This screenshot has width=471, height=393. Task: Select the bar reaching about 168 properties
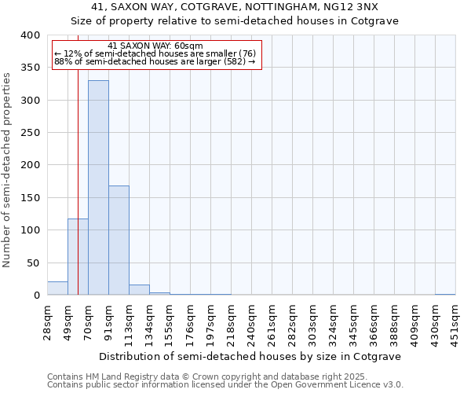pos(119,240)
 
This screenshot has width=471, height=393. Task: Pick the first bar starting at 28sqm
pos(57,288)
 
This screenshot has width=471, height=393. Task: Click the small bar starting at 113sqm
pos(139,290)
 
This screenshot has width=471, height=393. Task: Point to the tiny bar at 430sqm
pos(445,294)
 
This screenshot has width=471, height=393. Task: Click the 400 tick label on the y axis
pos(30,35)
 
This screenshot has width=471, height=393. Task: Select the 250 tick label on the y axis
pos(30,133)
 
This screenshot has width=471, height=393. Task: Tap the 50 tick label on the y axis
pos(33,263)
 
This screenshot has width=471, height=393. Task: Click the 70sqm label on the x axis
pos(88,321)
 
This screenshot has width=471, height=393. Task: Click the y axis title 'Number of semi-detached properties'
pos(7,169)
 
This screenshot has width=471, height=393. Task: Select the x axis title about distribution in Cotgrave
pos(251,356)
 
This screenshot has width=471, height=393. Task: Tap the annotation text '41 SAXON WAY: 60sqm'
pos(155,46)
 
